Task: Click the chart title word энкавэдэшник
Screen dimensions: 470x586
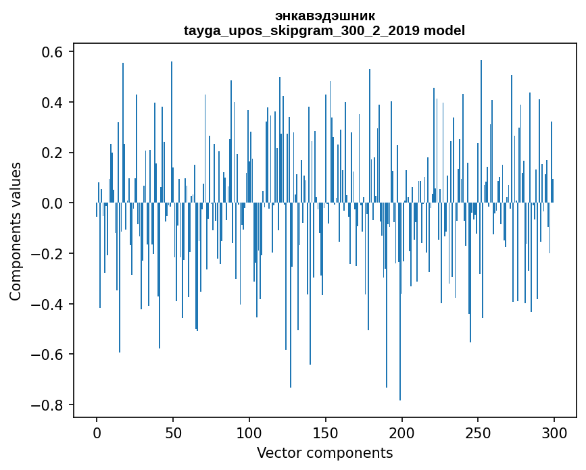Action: point(324,16)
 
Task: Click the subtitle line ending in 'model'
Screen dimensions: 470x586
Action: point(324,30)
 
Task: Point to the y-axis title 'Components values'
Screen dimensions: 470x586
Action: point(16,231)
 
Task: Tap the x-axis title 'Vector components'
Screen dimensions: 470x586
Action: point(324,452)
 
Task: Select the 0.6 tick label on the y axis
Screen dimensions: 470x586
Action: point(54,52)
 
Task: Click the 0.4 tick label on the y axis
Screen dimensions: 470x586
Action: point(54,103)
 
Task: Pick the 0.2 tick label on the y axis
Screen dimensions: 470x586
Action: point(54,153)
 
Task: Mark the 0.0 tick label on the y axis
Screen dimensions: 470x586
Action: point(54,203)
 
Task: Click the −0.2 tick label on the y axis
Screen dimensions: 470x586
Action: point(49,254)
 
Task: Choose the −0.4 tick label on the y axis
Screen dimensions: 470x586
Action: point(49,304)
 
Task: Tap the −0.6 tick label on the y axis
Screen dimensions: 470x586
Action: point(49,355)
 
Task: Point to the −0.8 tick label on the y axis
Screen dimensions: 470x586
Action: point(49,405)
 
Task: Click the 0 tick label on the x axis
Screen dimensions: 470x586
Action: point(97,432)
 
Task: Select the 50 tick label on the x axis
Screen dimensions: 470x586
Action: point(173,432)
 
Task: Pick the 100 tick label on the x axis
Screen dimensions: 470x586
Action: point(249,432)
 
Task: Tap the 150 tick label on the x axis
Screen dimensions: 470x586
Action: point(326,432)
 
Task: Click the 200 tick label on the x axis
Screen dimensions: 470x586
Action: point(402,432)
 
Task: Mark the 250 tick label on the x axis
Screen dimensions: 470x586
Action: point(479,432)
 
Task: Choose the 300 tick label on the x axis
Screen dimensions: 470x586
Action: point(555,432)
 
